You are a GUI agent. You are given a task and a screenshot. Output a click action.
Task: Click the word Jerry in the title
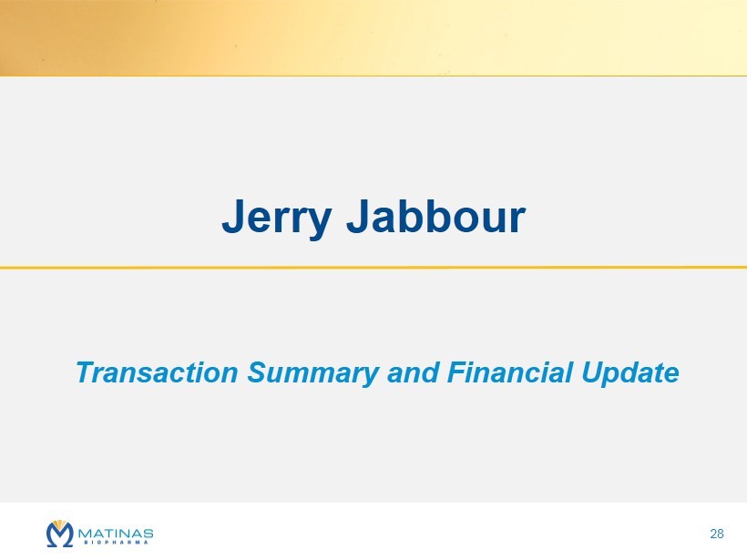[x=277, y=219]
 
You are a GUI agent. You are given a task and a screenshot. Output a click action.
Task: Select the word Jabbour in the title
[x=436, y=216]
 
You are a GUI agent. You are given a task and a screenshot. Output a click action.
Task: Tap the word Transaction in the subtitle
[x=157, y=372]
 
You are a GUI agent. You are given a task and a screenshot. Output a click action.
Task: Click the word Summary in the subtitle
[x=313, y=373]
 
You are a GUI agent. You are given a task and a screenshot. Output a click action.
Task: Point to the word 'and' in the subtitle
[x=413, y=372]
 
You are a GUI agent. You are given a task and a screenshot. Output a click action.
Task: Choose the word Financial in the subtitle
[x=510, y=372]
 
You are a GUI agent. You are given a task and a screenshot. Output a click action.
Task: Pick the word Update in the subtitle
[x=630, y=373]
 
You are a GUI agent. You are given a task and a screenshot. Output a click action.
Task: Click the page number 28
[x=717, y=534]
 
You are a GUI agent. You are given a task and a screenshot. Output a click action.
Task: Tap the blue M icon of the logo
[x=60, y=535]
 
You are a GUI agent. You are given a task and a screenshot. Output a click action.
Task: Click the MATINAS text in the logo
[x=116, y=534]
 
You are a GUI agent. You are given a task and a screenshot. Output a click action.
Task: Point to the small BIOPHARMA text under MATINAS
[x=116, y=543]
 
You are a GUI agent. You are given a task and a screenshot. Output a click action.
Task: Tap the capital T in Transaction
[x=85, y=372]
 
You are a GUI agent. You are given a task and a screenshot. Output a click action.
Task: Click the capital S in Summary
[x=257, y=372]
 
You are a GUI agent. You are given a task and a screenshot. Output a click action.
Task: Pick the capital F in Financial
[x=458, y=372]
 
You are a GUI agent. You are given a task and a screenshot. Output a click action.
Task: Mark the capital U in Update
[x=592, y=372]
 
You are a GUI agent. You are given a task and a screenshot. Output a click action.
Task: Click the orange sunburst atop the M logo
[x=60, y=524]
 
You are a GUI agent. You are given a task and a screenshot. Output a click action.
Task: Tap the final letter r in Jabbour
[x=517, y=221]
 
